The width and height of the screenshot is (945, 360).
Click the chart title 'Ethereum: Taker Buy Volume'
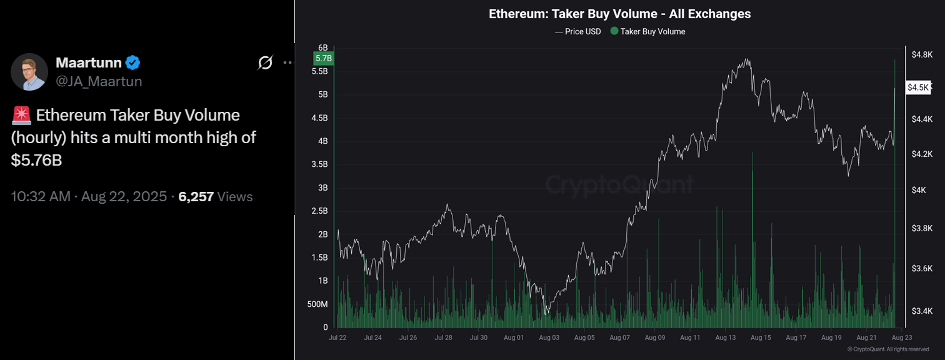619,14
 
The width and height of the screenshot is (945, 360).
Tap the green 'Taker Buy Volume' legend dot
614,31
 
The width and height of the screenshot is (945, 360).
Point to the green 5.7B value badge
324,59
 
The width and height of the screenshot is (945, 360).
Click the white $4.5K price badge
919,87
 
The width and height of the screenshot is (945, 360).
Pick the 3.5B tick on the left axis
319,164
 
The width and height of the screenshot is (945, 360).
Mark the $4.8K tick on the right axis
922,55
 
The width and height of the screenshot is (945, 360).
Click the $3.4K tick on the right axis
922,311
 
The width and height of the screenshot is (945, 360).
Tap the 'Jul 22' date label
337,337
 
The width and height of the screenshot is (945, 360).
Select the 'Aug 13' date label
726,337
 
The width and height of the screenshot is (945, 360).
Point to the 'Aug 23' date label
901,337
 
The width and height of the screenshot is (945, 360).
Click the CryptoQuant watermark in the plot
619,185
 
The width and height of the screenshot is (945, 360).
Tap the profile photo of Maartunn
29,72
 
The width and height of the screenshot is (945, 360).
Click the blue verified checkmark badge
132,62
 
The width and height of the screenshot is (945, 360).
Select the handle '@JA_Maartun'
99,81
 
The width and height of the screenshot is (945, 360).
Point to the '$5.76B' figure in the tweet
36,160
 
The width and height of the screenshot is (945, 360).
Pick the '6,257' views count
196,197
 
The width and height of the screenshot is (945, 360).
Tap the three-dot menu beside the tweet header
288,62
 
